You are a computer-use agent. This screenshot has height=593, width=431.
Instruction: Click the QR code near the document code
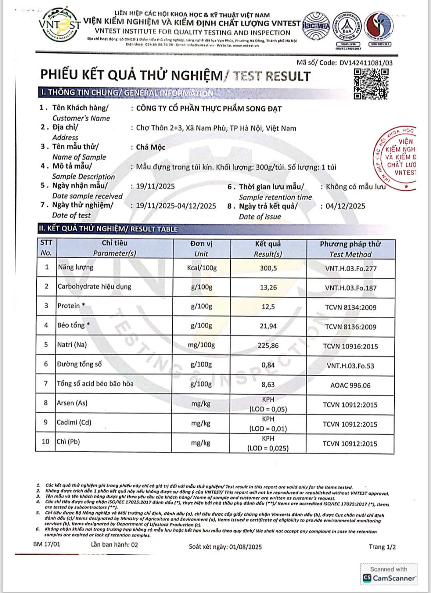[x=371, y=84]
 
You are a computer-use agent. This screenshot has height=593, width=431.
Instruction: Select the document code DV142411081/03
[x=366, y=63]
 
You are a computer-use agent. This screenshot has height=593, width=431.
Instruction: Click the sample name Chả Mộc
[x=150, y=147]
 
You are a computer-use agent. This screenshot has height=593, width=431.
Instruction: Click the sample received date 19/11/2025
[x=155, y=186]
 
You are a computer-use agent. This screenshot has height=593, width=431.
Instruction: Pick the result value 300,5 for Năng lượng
[x=268, y=268]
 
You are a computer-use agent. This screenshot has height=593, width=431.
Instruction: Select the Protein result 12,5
[x=268, y=307]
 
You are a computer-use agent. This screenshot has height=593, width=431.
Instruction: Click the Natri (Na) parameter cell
[x=72, y=345]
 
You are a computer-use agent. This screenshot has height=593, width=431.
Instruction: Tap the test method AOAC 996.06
[x=350, y=385]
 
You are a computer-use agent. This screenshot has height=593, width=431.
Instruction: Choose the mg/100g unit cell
[x=201, y=345]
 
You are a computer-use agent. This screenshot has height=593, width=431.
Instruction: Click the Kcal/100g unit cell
[x=202, y=268]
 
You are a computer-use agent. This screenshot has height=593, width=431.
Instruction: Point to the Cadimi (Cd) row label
[x=74, y=422]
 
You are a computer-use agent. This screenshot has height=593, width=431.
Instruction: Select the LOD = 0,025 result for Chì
[x=268, y=448]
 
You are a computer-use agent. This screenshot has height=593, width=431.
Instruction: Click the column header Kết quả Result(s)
[x=268, y=249]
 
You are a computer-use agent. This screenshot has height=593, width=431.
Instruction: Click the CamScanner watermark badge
[x=389, y=574]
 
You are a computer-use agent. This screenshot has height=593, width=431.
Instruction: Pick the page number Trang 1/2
[x=382, y=547]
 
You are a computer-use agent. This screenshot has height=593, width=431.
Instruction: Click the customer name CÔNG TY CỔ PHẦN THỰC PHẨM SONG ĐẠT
[x=209, y=108]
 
